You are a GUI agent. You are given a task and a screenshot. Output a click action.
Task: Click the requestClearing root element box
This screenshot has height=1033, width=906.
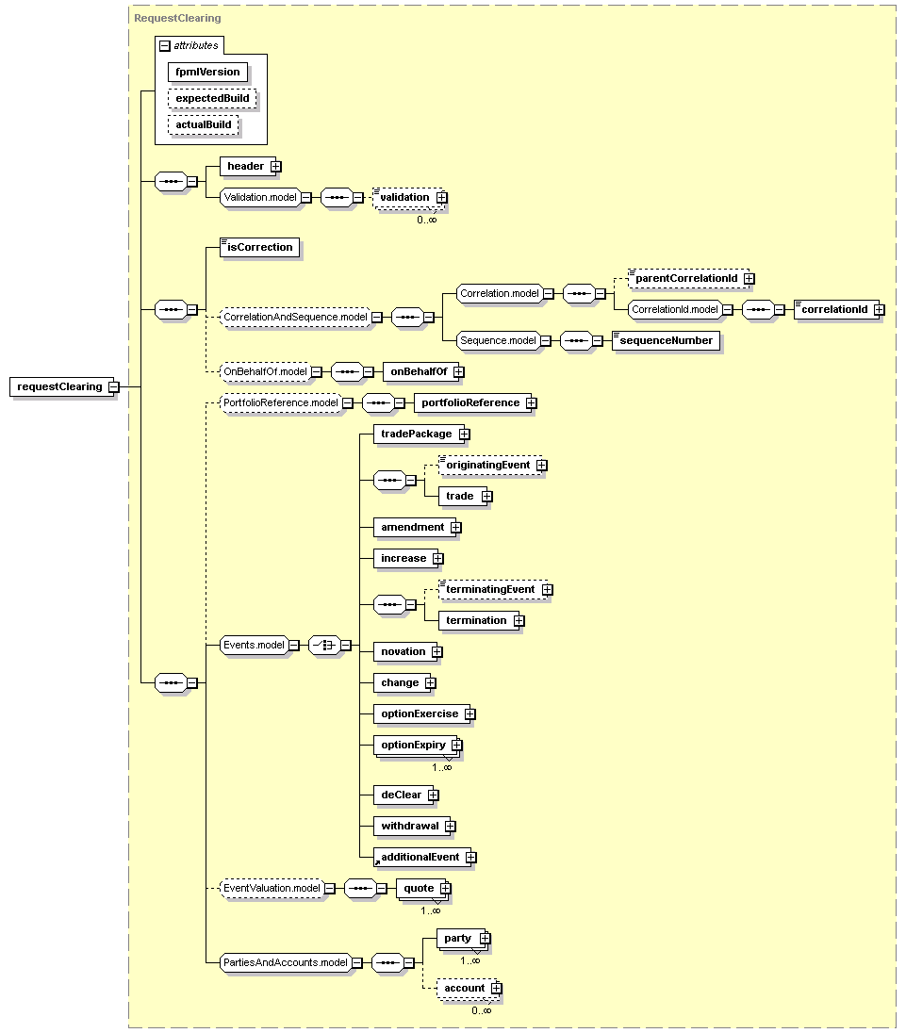click(x=58, y=386)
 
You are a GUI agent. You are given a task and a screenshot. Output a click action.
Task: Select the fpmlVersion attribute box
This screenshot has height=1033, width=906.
click(x=207, y=72)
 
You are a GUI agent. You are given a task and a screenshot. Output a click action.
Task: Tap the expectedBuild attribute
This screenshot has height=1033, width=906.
click(x=212, y=98)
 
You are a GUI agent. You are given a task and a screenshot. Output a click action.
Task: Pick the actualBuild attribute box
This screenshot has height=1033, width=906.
click(x=203, y=124)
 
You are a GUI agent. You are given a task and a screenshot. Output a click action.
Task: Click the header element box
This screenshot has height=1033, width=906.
click(x=245, y=166)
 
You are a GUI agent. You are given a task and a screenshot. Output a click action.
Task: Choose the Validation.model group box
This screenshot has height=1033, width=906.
click(x=260, y=197)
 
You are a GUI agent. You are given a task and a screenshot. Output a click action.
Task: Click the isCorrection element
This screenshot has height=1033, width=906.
click(x=260, y=247)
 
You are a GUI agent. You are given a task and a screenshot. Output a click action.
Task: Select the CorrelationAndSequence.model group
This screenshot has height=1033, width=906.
click(x=294, y=318)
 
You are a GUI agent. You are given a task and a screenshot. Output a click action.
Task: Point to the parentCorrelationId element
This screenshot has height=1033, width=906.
click(x=686, y=278)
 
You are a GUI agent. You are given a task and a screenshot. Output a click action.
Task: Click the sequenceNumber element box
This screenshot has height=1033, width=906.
click(x=666, y=340)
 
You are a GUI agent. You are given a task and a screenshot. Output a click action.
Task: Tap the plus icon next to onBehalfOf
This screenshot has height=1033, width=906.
click(x=459, y=371)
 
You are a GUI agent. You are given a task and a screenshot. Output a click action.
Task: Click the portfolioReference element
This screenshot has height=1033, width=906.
click(x=470, y=402)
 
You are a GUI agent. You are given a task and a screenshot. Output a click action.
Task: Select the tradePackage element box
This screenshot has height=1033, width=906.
click(x=416, y=434)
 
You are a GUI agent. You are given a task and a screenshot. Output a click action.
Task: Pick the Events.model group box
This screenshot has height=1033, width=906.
click(x=254, y=646)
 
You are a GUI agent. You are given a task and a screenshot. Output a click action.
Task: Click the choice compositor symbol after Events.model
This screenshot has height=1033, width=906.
click(x=324, y=646)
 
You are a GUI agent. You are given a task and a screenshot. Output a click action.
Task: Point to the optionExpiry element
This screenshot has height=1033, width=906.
click(x=412, y=745)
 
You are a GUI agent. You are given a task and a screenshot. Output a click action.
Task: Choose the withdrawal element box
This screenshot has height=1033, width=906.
click(x=409, y=826)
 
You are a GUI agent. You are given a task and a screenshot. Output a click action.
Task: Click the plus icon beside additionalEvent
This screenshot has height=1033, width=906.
click(x=470, y=857)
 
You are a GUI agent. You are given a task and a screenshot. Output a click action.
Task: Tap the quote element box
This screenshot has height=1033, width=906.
click(x=419, y=888)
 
